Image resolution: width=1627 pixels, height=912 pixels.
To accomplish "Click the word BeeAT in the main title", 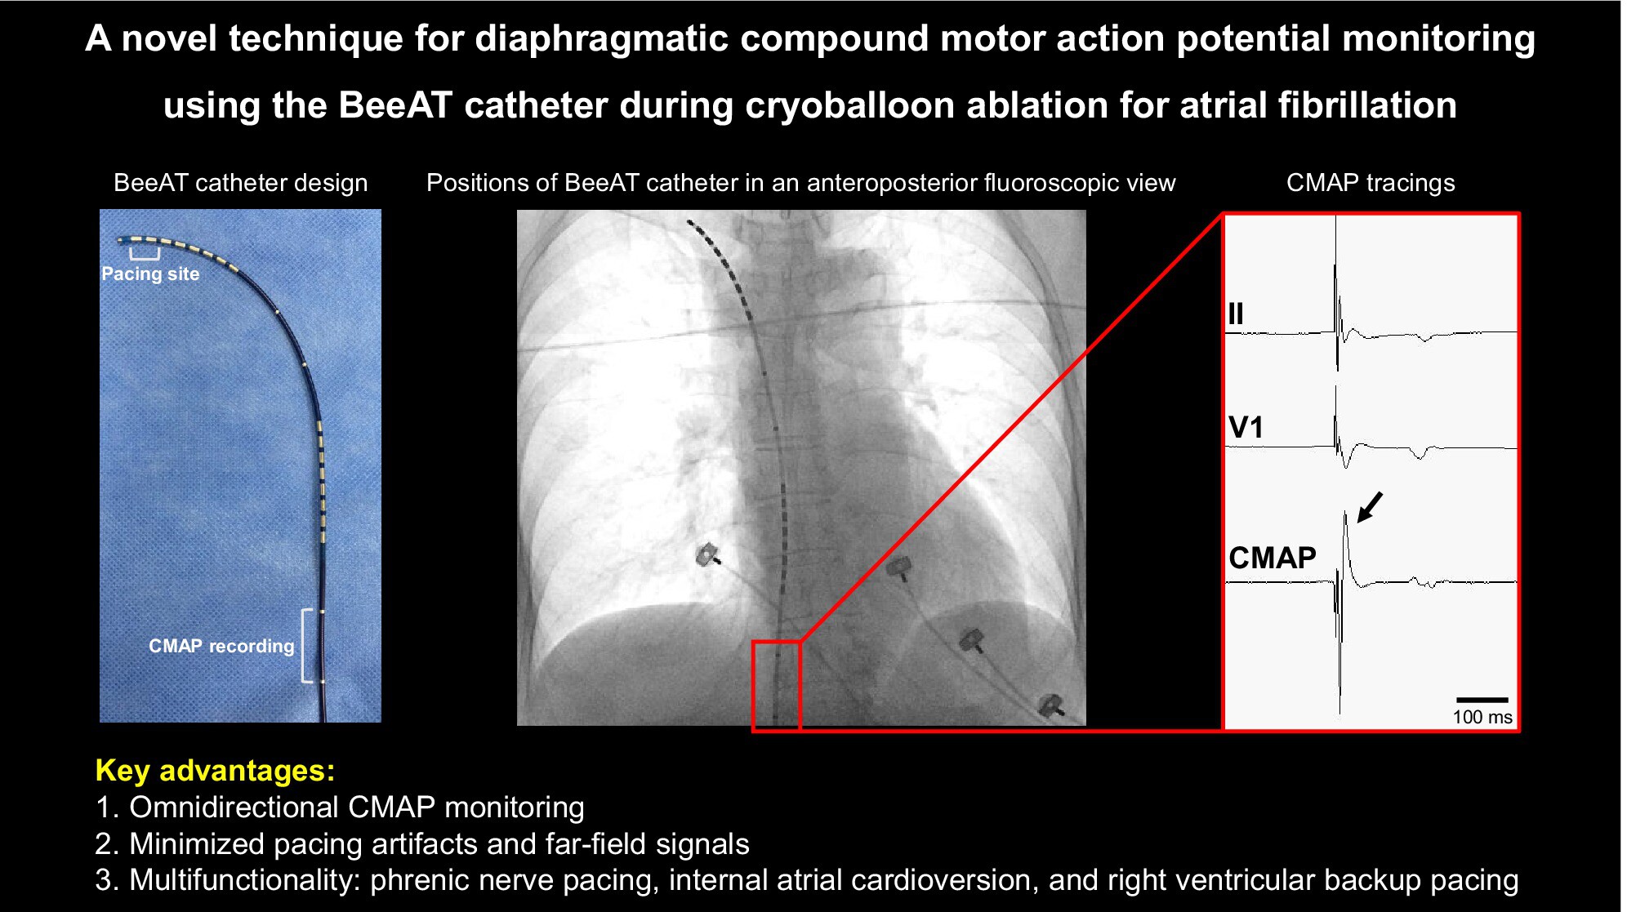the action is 394,105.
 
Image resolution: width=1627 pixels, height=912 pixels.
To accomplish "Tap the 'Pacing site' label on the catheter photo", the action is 150,274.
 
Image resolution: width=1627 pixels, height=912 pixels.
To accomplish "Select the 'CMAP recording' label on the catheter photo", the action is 221,646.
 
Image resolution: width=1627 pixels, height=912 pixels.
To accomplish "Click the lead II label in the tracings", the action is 1235,314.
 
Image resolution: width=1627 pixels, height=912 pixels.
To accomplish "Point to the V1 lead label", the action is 1246,427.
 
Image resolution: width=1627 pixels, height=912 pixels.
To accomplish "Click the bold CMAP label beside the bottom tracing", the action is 1273,558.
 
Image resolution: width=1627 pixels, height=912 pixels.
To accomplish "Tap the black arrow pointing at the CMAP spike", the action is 1370,507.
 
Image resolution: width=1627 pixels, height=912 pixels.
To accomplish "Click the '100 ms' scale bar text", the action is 1482,717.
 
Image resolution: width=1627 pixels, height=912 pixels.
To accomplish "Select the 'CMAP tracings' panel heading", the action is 1371,183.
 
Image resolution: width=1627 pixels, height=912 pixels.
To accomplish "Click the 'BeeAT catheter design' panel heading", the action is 240,183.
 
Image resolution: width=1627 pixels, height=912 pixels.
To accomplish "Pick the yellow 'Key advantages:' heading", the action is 215,770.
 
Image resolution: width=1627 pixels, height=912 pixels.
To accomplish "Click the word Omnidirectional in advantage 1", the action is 234,807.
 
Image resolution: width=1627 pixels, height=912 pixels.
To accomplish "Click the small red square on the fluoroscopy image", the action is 776,686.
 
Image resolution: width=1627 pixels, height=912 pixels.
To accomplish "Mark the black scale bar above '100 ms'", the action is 1482,700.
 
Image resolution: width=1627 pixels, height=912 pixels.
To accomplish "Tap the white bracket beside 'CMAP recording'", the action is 306,645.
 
